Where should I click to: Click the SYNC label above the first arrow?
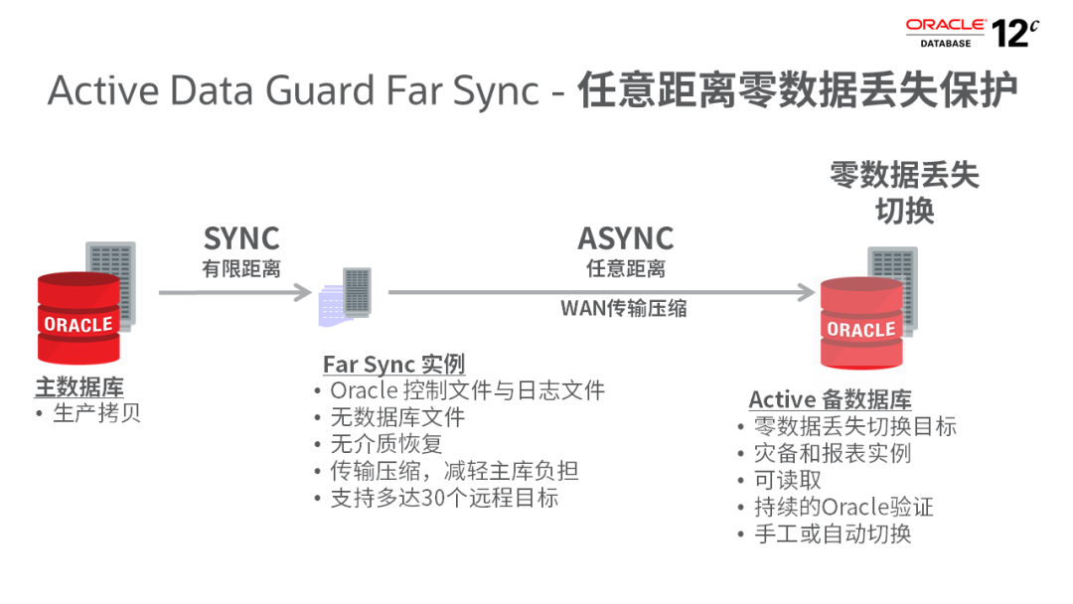pyautogui.click(x=241, y=238)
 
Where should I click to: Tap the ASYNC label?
pyautogui.click(x=625, y=238)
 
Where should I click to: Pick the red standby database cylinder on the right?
pyautogui.click(x=860, y=324)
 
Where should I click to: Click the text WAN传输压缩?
pyautogui.click(x=623, y=308)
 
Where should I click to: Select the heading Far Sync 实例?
pyautogui.click(x=393, y=364)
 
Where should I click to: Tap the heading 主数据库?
pyautogui.click(x=78, y=386)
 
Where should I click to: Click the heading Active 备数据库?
pyautogui.click(x=830, y=399)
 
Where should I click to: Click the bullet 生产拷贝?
pyautogui.click(x=96, y=412)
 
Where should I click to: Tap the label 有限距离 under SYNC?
pyautogui.click(x=241, y=268)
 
